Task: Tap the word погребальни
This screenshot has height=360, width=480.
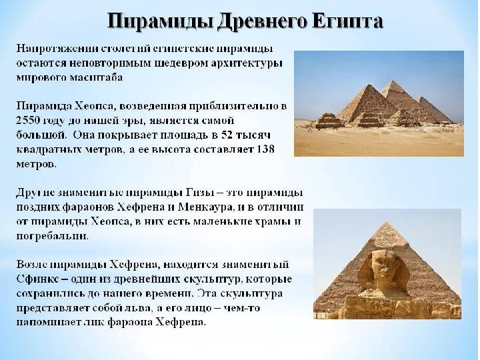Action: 52,236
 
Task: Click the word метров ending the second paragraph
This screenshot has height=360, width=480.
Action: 36,164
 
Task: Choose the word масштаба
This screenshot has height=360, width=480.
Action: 96,77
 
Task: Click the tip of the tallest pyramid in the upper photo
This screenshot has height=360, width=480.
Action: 391,81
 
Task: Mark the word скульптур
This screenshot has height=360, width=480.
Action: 212,279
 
